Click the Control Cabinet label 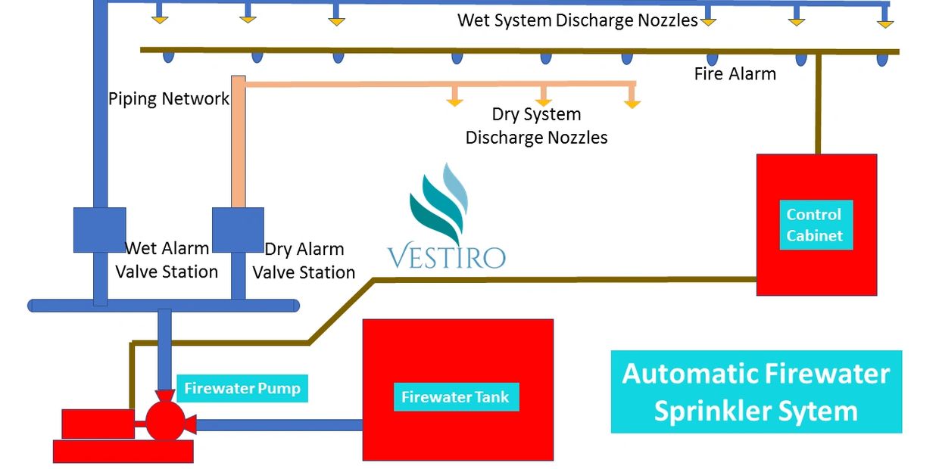[x=816, y=225]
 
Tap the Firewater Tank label [x=456, y=397]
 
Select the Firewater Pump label [x=242, y=389]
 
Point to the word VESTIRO [x=446, y=257]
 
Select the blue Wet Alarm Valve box [x=99, y=230]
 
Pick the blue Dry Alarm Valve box [x=238, y=230]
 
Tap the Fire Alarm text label [x=735, y=74]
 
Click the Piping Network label [x=168, y=99]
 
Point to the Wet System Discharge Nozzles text [x=577, y=20]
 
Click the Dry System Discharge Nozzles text [x=536, y=126]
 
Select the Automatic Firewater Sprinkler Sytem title [x=756, y=392]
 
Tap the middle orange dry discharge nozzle [x=543, y=100]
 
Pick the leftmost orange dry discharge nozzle [x=454, y=100]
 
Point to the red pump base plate [x=123, y=452]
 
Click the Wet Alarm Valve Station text [x=167, y=259]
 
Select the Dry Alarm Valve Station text [x=304, y=260]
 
